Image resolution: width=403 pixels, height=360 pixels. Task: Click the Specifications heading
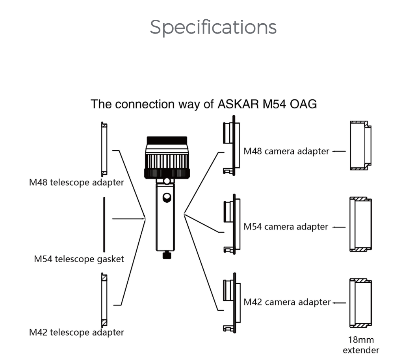coord(213,27)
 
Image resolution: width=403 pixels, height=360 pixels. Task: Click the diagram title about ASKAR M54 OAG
coord(204,104)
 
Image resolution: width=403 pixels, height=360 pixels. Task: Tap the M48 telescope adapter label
coord(76,183)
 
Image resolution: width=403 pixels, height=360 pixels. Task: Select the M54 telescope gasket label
coord(79,259)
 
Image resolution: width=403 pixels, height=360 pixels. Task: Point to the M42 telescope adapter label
coord(76,332)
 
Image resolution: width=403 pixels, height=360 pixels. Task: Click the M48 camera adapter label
coord(286,151)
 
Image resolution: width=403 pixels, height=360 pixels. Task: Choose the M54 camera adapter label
coord(286,227)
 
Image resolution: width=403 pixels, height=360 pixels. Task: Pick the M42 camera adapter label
coord(287,302)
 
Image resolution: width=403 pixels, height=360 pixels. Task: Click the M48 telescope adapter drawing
coord(104,149)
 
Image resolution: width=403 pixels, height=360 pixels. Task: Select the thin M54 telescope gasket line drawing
coord(104,225)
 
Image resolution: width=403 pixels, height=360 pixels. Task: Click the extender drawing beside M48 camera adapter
coord(360,146)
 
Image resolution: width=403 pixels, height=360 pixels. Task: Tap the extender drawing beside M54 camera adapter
coord(360,224)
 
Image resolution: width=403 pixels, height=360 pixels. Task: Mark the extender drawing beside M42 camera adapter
coord(360,303)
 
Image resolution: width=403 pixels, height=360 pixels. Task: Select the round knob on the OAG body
coord(167,197)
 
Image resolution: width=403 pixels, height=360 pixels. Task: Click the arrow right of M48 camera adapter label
coord(338,151)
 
